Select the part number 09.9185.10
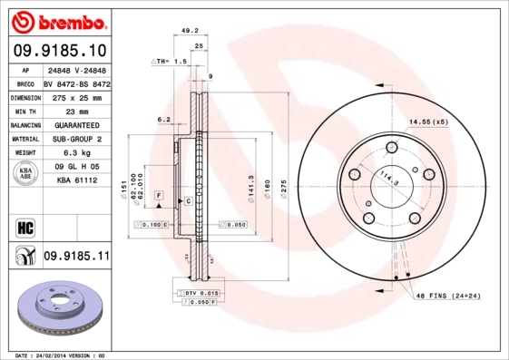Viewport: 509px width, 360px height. click(60, 50)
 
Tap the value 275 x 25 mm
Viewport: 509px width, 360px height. click(75, 96)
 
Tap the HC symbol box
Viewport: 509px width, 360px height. click(24, 228)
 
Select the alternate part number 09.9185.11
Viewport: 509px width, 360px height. click(76, 258)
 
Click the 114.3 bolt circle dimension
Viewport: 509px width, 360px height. click(388, 178)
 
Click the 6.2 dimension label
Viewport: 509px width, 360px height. click(164, 119)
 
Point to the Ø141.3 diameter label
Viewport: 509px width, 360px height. click(250, 184)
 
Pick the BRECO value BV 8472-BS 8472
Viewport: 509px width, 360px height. click(76, 82)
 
